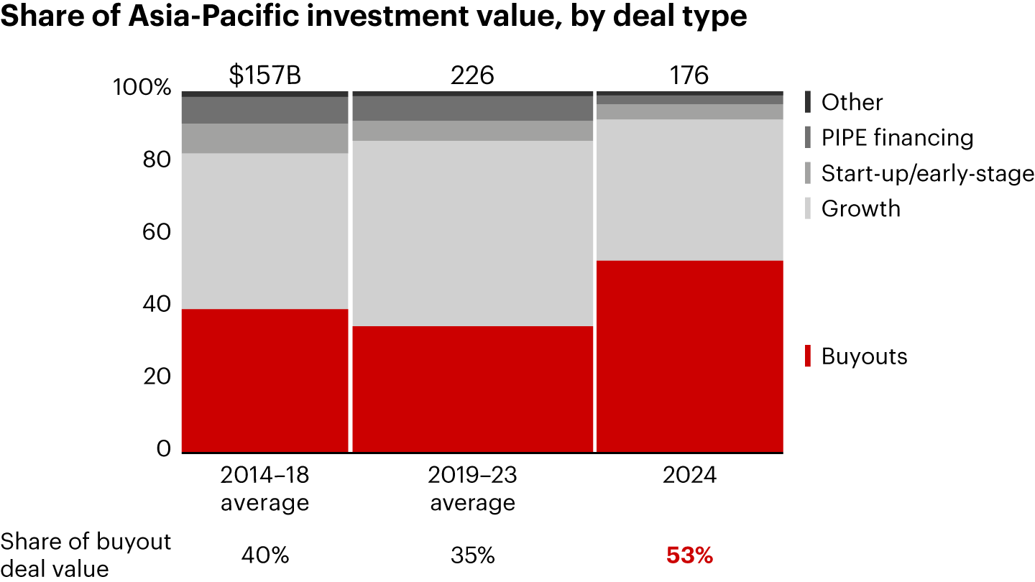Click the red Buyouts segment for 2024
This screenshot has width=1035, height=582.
(690, 356)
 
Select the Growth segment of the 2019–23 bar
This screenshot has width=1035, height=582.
(473, 233)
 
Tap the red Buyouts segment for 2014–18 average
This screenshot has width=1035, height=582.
(265, 381)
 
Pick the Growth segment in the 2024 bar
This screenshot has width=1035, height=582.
(690, 190)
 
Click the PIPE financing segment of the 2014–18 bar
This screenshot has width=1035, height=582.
(265, 110)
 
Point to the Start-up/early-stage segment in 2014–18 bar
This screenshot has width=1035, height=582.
(265, 138)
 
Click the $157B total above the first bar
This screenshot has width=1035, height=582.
(265, 75)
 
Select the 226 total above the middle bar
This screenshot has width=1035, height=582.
(473, 75)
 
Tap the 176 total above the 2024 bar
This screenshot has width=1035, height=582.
(690, 75)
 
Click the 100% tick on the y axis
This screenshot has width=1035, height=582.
(142, 88)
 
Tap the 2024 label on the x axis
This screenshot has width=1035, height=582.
(690, 476)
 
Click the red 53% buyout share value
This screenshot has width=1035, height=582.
(690, 555)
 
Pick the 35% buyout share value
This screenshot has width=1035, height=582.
(473, 555)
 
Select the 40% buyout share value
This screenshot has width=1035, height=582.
(265, 555)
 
